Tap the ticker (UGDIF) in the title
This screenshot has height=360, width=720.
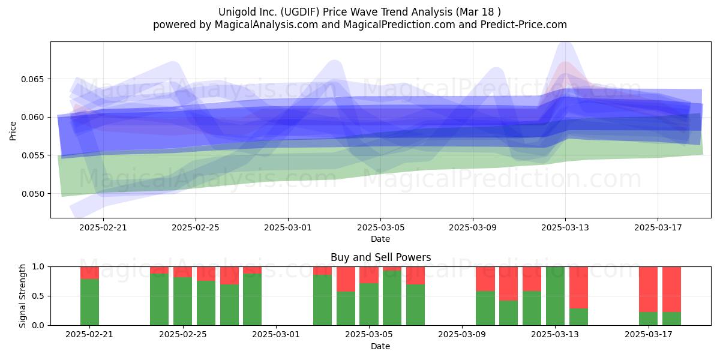pyautogui.click(x=300, y=12)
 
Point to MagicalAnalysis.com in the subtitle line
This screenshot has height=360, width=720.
pyautogui.click(x=266, y=25)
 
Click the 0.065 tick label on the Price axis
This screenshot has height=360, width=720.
pyautogui.click(x=33, y=79)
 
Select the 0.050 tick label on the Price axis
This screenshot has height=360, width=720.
pyautogui.click(x=33, y=194)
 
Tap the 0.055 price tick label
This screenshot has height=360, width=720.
pyautogui.click(x=33, y=155)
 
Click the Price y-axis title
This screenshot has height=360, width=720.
pyautogui.click(x=13, y=131)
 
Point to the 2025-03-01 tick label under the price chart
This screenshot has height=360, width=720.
pyautogui.click(x=287, y=227)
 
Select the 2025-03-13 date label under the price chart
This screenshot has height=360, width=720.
pyautogui.click(x=565, y=227)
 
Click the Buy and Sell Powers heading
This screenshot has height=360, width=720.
pyautogui.click(x=380, y=257)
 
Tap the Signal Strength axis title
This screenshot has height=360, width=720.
pyautogui.click(x=22, y=296)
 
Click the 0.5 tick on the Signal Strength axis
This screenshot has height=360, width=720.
pyautogui.click(x=38, y=296)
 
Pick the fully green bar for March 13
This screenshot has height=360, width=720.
pyautogui.click(x=555, y=296)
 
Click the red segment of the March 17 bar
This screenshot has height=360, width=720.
pyautogui.click(x=649, y=289)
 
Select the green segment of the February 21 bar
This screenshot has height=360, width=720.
pyautogui.click(x=89, y=302)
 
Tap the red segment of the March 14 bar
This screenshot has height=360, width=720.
pyautogui.click(x=578, y=287)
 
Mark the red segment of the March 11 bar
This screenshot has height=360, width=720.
pyautogui.click(x=509, y=283)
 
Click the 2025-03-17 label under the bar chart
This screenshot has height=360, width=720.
pyautogui.click(x=649, y=335)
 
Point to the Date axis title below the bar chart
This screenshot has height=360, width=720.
pyautogui.click(x=380, y=347)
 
